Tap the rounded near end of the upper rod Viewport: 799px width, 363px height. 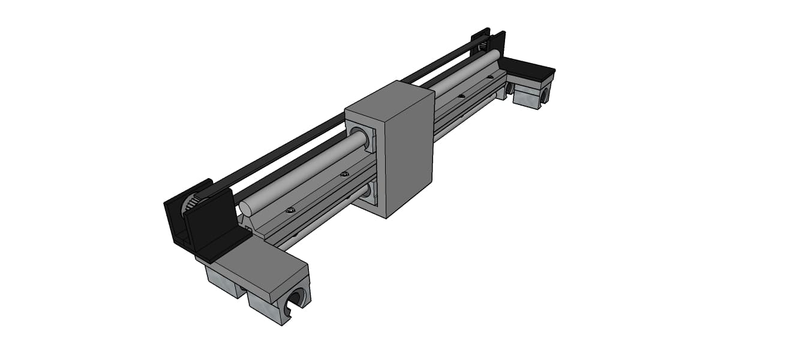point(246,209)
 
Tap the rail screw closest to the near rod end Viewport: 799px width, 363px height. point(290,210)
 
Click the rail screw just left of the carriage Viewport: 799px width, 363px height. point(344,174)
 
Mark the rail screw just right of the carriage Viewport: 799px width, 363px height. point(461,95)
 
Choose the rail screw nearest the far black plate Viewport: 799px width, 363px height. point(490,77)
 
